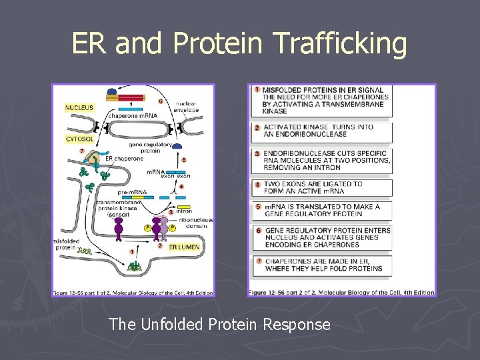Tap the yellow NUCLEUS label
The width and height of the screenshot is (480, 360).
pos(79,107)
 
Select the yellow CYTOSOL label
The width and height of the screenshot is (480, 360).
pos(79,139)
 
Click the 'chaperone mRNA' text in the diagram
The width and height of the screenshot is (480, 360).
pos(133,115)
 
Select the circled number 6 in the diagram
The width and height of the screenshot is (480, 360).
pos(161,101)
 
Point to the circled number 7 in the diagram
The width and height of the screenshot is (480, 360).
pos(81,151)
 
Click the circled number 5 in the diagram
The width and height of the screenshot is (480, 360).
pos(183,160)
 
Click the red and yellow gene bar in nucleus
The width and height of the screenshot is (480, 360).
pos(124,98)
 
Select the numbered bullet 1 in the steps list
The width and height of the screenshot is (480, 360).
pos(257,89)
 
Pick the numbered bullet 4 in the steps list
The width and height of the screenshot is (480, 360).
pos(257,183)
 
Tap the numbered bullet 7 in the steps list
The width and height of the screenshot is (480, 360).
pos(257,261)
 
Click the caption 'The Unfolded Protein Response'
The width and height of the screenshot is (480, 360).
pos(219,325)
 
